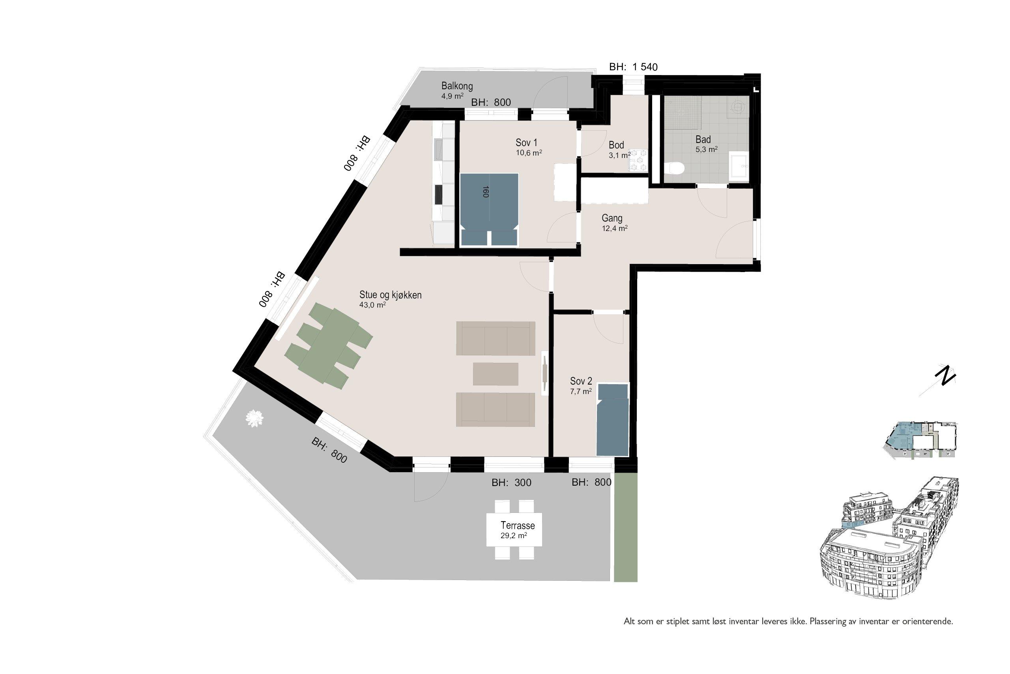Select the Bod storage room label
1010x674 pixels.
point(616,145)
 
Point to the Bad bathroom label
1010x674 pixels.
point(703,139)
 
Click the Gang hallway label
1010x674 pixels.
point(612,218)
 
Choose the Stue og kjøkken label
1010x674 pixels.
point(390,295)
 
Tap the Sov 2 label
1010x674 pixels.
point(581,381)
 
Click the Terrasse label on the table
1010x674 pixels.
point(518,525)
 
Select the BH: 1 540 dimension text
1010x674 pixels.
point(633,67)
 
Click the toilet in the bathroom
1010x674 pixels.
point(673,168)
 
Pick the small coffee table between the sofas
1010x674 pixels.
point(496,374)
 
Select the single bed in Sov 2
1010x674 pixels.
point(613,420)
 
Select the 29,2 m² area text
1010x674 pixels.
point(514,535)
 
